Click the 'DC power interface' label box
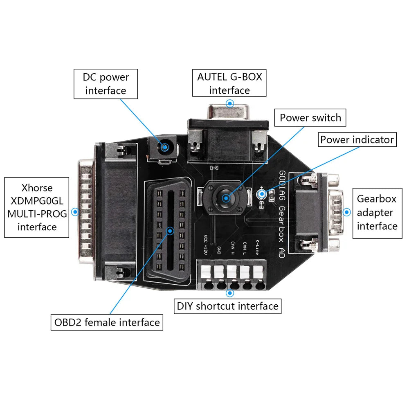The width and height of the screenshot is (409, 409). pos(106,83)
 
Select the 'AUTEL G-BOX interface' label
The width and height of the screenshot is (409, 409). pos(229,83)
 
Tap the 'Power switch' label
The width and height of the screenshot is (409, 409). pos(310,118)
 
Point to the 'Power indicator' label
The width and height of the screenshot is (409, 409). pos(357,139)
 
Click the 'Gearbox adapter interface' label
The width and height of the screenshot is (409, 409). pos(377,212)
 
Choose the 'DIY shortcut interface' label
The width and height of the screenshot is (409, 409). pos(228,306)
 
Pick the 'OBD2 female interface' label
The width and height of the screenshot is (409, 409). pos(107,322)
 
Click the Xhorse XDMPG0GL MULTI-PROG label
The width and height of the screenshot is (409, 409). pos(37,207)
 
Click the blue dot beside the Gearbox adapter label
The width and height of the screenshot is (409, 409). pos(347,212)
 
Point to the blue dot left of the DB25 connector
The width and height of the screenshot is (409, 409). pos(75,212)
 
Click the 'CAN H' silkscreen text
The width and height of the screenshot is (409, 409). pos(232,248)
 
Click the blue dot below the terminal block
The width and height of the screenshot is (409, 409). pos(229,293)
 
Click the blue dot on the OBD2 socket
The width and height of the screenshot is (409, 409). pos(169,231)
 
